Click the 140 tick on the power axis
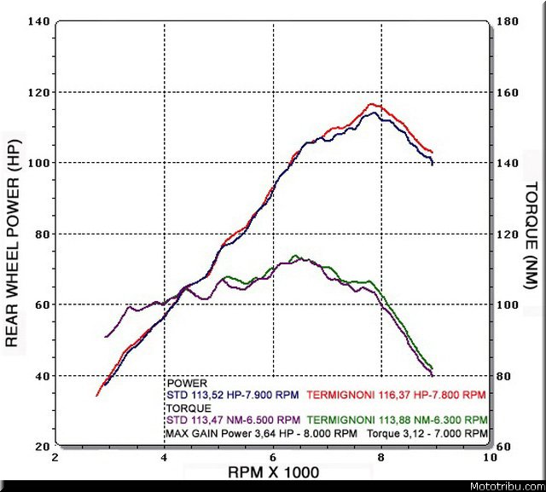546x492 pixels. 38,21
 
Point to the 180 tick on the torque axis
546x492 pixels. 507,21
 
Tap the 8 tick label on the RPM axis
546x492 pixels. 381,457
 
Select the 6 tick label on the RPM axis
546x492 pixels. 273,457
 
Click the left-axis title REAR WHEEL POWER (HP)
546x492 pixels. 13,243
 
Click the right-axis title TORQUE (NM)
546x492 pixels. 531,235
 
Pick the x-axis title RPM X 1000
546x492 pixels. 273,472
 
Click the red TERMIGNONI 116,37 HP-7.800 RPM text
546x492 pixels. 396,395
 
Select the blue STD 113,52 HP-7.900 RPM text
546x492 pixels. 233,395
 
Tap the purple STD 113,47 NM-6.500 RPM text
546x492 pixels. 233,420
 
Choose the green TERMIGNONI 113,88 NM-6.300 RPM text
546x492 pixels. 397,420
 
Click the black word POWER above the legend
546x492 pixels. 187,383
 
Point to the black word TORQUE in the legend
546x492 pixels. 189,408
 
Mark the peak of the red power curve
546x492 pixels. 371,104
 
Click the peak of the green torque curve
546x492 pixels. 295,256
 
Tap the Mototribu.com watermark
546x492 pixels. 507,486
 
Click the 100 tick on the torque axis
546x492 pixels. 507,304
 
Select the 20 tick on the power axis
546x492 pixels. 43,447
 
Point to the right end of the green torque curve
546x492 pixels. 433,368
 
